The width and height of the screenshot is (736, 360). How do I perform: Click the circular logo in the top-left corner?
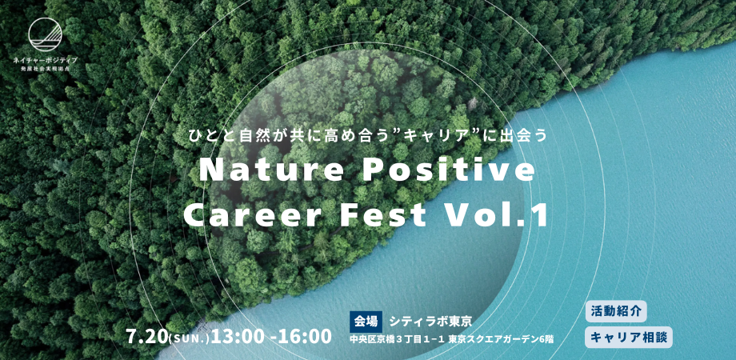[x=46, y=34]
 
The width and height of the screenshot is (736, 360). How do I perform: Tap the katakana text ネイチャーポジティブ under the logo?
[x=46, y=60]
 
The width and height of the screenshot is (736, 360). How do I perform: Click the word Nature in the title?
[x=272, y=171]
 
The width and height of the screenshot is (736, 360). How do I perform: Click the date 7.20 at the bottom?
[x=147, y=335]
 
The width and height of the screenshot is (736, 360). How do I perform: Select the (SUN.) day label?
[x=189, y=338]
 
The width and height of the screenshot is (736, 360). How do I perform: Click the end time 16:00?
[x=308, y=335]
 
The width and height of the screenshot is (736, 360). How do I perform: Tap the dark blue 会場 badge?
[x=366, y=322]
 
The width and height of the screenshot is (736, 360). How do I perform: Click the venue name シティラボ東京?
[x=430, y=322]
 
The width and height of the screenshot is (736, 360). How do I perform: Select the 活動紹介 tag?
[x=616, y=311]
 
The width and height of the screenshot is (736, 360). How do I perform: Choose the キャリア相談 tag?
[x=629, y=338]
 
